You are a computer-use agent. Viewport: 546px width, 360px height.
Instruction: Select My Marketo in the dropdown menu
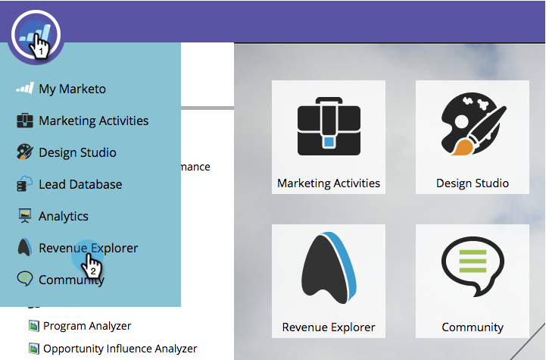click(x=72, y=89)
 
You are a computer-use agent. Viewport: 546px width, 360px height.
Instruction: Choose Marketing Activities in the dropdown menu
click(x=93, y=121)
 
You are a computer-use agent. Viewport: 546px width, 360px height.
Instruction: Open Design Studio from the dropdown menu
click(x=77, y=152)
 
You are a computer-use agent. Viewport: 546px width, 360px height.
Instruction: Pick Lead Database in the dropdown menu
click(x=80, y=184)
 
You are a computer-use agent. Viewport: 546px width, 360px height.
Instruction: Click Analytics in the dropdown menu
click(x=64, y=216)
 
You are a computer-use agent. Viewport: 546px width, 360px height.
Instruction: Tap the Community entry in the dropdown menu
click(x=71, y=280)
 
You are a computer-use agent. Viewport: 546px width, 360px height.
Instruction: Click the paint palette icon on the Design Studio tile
click(x=473, y=124)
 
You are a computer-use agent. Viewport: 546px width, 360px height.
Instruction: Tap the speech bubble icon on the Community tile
click(x=473, y=269)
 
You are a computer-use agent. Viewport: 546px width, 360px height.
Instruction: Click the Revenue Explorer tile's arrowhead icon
click(x=328, y=269)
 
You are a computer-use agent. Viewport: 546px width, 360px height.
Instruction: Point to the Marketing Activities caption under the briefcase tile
click(x=329, y=183)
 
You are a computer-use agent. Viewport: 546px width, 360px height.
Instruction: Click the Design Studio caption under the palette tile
click(x=473, y=183)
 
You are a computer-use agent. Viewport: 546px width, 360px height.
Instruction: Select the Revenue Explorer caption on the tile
click(x=329, y=327)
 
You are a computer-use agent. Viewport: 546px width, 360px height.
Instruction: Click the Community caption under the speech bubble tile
click(x=473, y=327)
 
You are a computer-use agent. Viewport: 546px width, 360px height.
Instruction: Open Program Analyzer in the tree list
click(x=87, y=326)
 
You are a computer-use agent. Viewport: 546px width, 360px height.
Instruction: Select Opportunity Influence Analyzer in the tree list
click(x=120, y=349)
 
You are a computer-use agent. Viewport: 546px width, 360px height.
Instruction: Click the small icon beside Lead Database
click(x=25, y=184)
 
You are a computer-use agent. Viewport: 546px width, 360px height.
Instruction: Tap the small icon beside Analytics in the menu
click(x=25, y=216)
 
